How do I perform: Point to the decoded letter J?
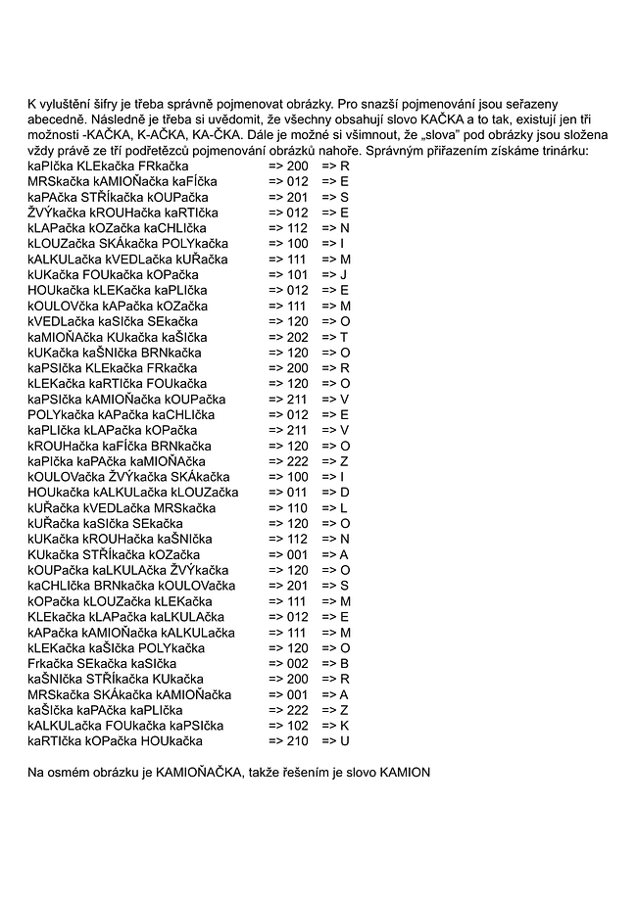[x=343, y=274]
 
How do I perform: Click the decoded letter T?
[x=344, y=337]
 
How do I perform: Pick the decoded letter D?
[x=345, y=492]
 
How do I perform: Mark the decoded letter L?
[x=344, y=507]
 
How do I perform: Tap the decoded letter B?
[x=345, y=663]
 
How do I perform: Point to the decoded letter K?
[x=345, y=725]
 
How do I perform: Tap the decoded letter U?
[x=345, y=740]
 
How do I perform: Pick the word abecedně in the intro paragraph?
[x=55, y=118]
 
